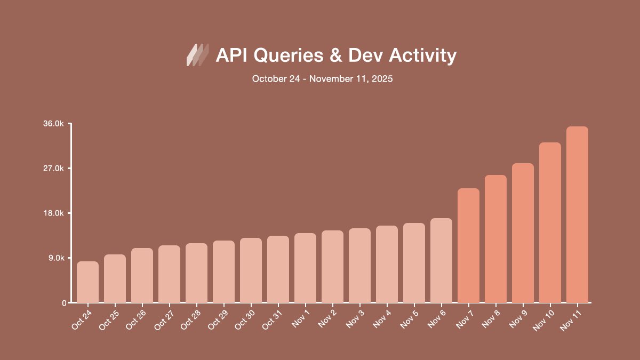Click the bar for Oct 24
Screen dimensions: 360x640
point(87,282)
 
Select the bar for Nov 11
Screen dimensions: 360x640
point(577,214)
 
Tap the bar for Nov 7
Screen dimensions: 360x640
point(468,245)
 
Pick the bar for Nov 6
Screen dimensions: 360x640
point(441,260)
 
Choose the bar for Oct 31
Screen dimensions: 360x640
point(278,269)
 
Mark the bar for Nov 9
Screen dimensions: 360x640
point(523,233)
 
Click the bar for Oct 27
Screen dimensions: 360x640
point(169,274)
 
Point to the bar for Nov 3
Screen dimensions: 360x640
point(359,266)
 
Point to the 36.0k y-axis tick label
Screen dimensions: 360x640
point(54,124)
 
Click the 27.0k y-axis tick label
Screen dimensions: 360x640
point(54,169)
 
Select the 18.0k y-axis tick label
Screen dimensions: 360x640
point(54,213)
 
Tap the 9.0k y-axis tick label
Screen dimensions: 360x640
point(55,258)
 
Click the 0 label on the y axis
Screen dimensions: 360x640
point(63,303)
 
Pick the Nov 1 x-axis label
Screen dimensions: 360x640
point(300,318)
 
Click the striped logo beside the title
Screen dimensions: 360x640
point(197,55)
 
